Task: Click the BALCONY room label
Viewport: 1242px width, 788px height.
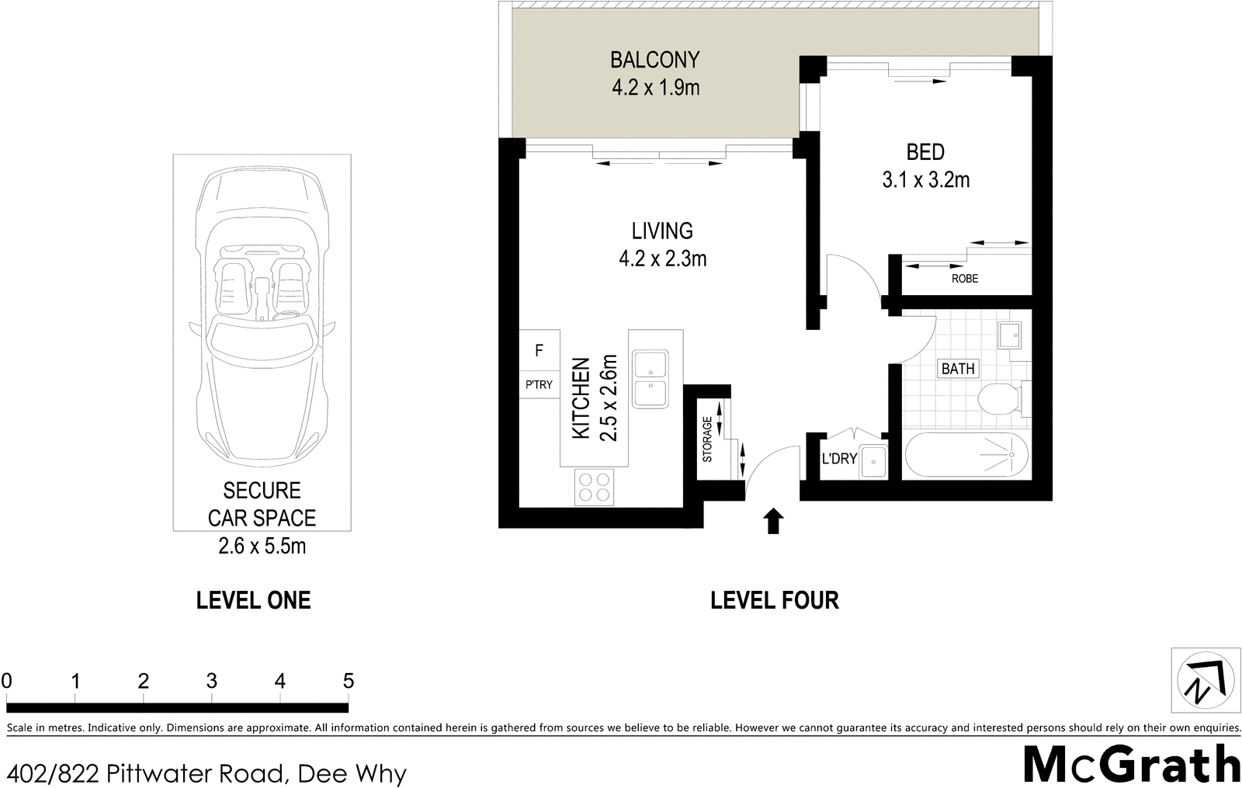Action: (655, 60)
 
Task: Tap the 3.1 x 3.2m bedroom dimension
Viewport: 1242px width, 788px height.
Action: (925, 179)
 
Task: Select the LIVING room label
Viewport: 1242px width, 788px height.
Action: (662, 231)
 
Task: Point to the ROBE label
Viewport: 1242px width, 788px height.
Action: (965, 279)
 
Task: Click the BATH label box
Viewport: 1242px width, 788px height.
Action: (958, 368)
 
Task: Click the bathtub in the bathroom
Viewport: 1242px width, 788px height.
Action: (966, 455)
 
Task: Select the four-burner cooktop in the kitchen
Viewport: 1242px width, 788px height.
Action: (595, 487)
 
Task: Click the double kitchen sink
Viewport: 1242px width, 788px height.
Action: (650, 380)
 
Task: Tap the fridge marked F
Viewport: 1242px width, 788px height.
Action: (539, 350)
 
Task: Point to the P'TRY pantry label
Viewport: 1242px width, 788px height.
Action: (539, 384)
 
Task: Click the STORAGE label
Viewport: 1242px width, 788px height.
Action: (707, 439)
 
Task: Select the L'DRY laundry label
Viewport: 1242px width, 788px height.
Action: (839, 459)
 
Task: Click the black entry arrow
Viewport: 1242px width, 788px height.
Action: (773, 521)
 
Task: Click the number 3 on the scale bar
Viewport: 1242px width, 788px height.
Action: (212, 681)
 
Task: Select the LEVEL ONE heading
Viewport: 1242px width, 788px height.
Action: (253, 601)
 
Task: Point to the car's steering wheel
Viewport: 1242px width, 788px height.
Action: (285, 315)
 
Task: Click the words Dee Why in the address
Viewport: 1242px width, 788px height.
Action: (352, 773)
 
